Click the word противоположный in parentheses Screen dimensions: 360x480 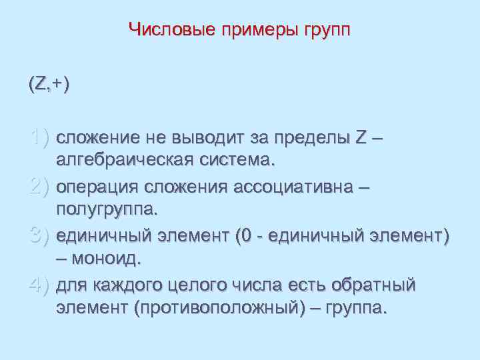coord(209,309)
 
